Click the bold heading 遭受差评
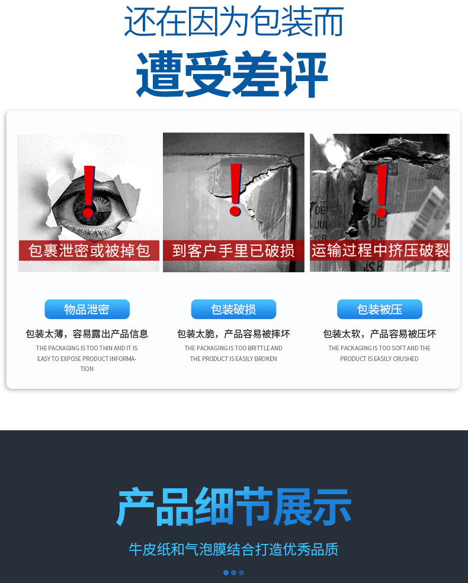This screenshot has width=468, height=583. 232,76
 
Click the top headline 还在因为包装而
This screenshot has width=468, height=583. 233,22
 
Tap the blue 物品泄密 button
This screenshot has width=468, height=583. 87,310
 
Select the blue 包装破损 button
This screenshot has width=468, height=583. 233,310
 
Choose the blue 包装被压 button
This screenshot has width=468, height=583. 380,310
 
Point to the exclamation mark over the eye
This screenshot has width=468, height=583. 89,191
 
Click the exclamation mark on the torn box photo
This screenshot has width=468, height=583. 235,188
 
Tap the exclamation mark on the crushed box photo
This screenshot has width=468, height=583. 382,191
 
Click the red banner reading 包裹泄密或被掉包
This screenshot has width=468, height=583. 89,250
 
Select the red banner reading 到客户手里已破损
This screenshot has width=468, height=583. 233,250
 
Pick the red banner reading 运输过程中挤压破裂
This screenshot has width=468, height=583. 380,250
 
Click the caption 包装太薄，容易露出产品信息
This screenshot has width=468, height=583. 87,334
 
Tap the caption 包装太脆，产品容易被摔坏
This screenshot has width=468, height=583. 233,334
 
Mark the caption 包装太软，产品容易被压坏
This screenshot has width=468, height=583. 380,334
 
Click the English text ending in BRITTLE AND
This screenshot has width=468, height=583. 233,348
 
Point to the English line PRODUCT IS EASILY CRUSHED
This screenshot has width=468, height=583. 380,359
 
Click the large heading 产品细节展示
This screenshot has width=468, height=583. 234,507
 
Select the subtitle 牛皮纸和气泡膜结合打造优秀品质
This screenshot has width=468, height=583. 233,549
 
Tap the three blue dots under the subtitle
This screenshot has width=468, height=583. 233,572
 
